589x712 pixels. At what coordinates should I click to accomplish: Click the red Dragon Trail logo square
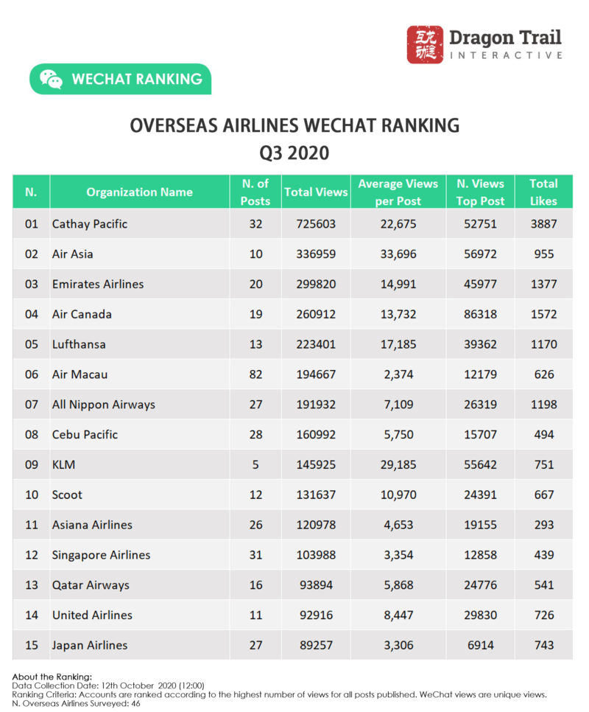(426, 45)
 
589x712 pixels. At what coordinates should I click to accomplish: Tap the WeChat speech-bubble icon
(51, 80)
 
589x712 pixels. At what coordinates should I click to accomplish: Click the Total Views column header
(316, 192)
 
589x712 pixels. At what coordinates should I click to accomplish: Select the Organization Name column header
(139, 192)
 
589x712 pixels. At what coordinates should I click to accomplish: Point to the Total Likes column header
(544, 192)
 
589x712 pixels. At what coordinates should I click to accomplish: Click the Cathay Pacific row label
(89, 224)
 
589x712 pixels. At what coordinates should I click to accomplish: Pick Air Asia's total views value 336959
(316, 254)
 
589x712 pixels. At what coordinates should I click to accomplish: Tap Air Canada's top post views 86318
(480, 315)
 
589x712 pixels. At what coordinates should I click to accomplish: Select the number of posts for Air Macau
(255, 374)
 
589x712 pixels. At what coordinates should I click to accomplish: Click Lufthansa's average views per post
(398, 344)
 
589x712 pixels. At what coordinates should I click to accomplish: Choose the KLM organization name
(63, 465)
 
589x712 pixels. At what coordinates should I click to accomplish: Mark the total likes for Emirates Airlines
(544, 285)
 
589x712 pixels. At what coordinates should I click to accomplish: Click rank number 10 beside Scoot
(32, 495)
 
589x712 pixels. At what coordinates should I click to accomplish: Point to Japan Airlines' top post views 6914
(480, 646)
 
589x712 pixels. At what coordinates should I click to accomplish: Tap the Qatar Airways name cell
(91, 585)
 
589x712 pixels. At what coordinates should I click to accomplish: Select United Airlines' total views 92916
(316, 615)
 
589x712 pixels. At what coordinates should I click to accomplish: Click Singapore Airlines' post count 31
(255, 555)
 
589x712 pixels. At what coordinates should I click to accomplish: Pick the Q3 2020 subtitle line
(294, 153)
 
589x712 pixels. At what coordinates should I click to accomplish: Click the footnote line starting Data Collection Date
(108, 685)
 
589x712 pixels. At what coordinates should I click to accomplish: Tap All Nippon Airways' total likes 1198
(544, 405)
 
